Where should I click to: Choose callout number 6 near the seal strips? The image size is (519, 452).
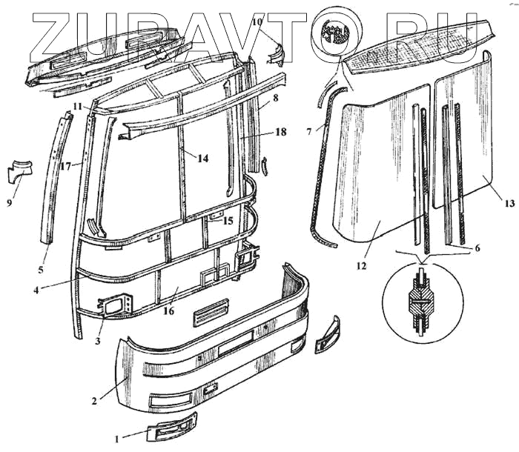(x=477, y=247)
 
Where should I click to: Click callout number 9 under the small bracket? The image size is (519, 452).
(x=10, y=201)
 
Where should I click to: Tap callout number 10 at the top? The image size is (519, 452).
(x=257, y=22)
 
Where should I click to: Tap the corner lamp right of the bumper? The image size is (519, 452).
(x=327, y=334)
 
